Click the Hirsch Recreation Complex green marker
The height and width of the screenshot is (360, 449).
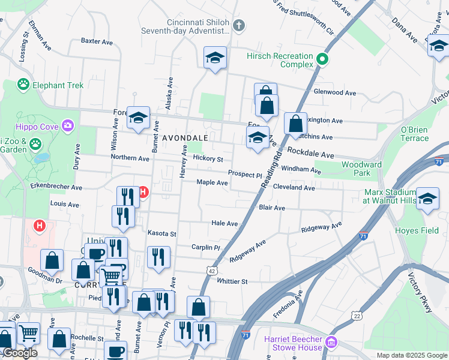(322, 59)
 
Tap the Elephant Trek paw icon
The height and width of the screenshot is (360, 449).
(24, 85)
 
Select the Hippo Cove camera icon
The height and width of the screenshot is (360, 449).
(68, 126)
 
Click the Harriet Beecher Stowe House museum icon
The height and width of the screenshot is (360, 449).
(331, 343)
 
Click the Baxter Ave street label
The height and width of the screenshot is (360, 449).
(97, 41)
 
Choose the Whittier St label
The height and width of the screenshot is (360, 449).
(232, 281)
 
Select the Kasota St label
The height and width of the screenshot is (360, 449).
(162, 233)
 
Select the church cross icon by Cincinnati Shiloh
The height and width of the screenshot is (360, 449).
(239, 25)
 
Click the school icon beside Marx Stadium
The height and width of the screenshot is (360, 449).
(427, 199)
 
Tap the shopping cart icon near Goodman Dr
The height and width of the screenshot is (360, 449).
(111, 276)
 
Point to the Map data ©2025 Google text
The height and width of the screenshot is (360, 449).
(411, 355)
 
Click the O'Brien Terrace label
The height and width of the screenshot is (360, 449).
(414, 134)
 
